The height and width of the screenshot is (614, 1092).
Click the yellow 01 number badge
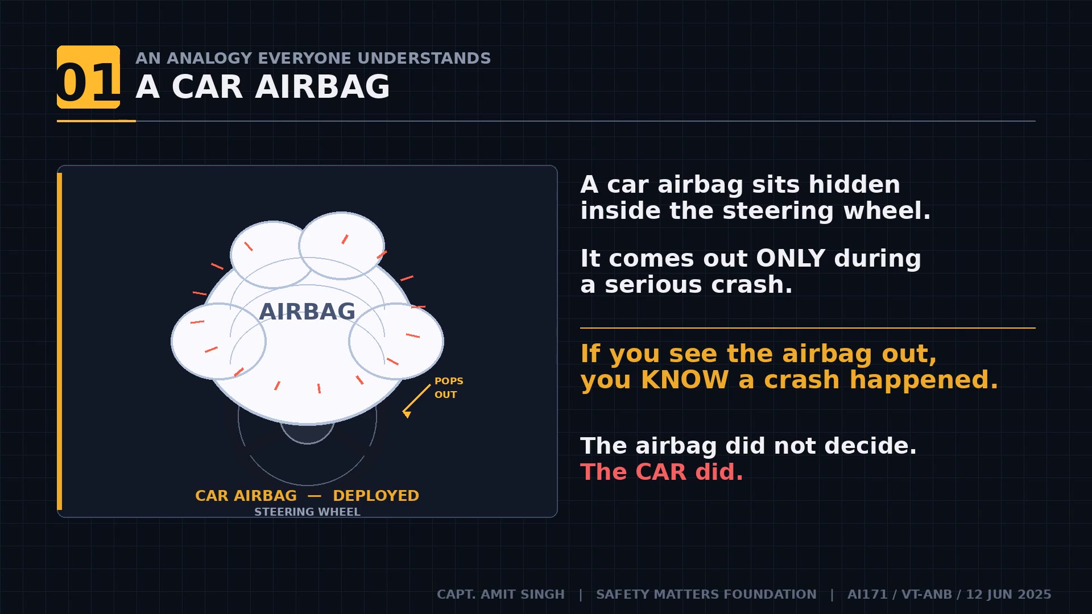(88, 77)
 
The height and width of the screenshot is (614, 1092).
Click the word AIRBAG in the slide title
(322, 87)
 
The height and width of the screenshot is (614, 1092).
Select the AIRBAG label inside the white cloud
(307, 312)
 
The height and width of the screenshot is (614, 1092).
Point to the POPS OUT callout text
(448, 388)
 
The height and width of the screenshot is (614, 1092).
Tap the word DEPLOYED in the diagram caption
(375, 496)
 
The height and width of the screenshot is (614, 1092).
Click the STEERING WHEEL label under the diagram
(307, 512)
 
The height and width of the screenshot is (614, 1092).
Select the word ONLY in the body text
(791, 259)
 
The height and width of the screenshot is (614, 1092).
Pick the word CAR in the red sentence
(661, 472)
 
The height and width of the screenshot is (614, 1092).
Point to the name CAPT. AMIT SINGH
(500, 594)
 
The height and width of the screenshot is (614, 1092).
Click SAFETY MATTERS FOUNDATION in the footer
(706, 594)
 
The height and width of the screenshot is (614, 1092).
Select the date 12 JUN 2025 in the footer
(1008, 594)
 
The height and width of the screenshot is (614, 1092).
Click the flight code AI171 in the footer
(867, 594)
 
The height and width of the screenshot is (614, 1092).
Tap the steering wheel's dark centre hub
(307, 434)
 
